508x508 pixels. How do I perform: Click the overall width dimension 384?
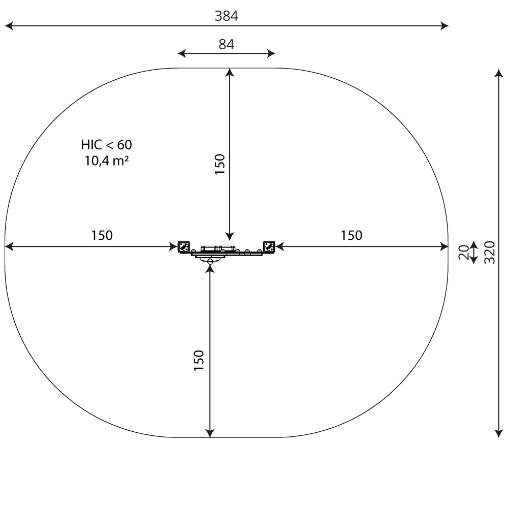[x=226, y=16]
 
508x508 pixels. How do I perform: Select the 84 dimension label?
[x=226, y=44]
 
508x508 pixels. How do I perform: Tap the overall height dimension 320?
[x=490, y=252]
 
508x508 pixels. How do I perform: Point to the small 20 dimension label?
[x=463, y=252]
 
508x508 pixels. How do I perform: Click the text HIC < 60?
[x=106, y=145]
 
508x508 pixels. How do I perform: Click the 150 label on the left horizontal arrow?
[x=102, y=236]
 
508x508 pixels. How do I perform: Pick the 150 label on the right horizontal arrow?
[x=352, y=236]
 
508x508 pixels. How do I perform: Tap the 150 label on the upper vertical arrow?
[x=219, y=164]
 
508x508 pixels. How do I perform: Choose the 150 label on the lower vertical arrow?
[x=199, y=360]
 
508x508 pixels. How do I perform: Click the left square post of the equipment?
[x=183, y=247]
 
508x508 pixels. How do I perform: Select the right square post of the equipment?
[x=269, y=247]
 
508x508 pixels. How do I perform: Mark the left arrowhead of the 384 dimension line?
[x=8, y=25]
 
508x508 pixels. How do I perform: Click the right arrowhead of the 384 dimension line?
[x=445, y=25]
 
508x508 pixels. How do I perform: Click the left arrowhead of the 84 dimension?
[x=181, y=53]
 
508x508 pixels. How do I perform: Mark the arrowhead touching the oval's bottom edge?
[x=209, y=433]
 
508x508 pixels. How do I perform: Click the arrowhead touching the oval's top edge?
[x=230, y=72]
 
